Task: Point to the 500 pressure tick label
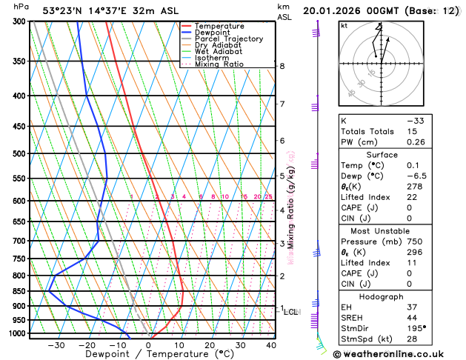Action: (x=19, y=154)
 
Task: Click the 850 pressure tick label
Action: (x=19, y=291)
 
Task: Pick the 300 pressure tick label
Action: (x=19, y=21)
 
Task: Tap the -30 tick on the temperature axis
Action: (x=56, y=345)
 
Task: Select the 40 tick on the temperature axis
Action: (x=271, y=345)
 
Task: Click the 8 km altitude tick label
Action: (x=282, y=66)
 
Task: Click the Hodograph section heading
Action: (x=382, y=296)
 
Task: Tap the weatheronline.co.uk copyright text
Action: (x=399, y=354)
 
